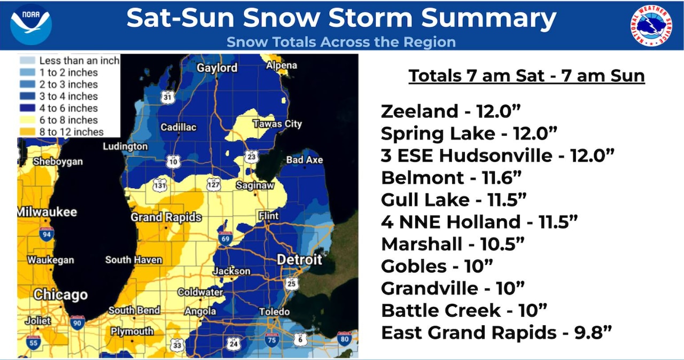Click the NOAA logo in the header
[x=30, y=25]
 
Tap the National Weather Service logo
[x=651, y=26]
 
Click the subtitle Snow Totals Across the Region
[x=341, y=42]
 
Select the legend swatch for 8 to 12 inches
[x=28, y=132]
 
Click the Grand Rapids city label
[x=166, y=217]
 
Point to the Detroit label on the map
[x=299, y=260]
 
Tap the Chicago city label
[x=60, y=294]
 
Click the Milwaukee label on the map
[x=47, y=212]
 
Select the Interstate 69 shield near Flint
[x=225, y=238]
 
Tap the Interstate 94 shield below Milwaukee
[x=46, y=233]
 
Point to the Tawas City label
[x=277, y=124]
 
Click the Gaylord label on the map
[x=217, y=68]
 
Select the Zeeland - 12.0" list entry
[x=450, y=112]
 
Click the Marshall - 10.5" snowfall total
[x=453, y=244]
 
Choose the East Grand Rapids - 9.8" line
[x=496, y=333]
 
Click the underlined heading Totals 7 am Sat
[x=526, y=76]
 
